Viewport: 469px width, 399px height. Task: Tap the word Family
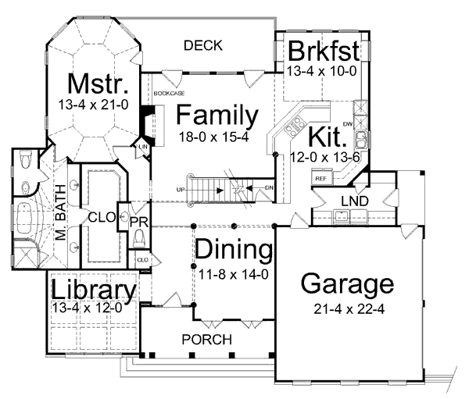tap(217, 116)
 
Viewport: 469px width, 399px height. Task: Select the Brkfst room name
tap(324, 51)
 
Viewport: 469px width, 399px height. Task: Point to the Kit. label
tap(327, 137)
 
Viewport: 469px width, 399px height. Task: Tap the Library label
tap(94, 289)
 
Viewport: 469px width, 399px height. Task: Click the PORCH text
tap(206, 340)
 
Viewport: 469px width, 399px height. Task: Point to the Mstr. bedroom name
tap(98, 82)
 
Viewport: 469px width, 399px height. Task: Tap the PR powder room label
tap(138, 223)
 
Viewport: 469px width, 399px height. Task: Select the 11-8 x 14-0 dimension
tap(233, 273)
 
